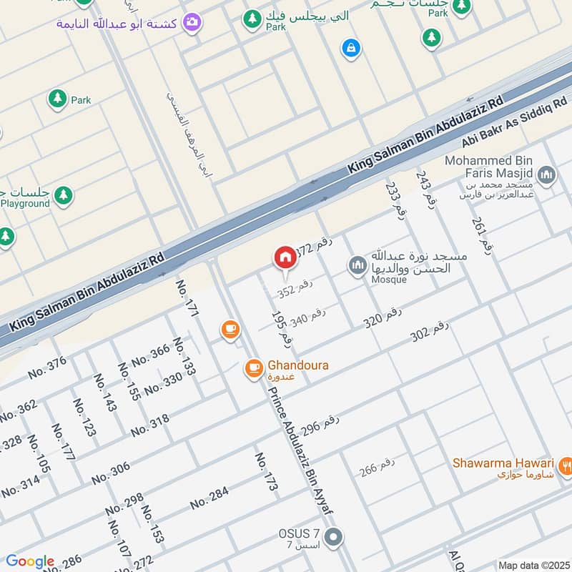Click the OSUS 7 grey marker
[x=332, y=536]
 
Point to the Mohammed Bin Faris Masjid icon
[x=547, y=174]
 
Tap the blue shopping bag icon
[x=350, y=48]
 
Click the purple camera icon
[x=191, y=23]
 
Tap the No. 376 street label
[x=46, y=368]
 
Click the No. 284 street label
[x=209, y=498]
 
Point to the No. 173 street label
[x=266, y=471]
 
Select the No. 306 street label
[x=110, y=473]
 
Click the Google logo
[x=29, y=561]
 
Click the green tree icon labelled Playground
[x=64, y=194]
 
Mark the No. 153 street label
[x=152, y=524]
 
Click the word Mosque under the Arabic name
[x=388, y=280]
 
